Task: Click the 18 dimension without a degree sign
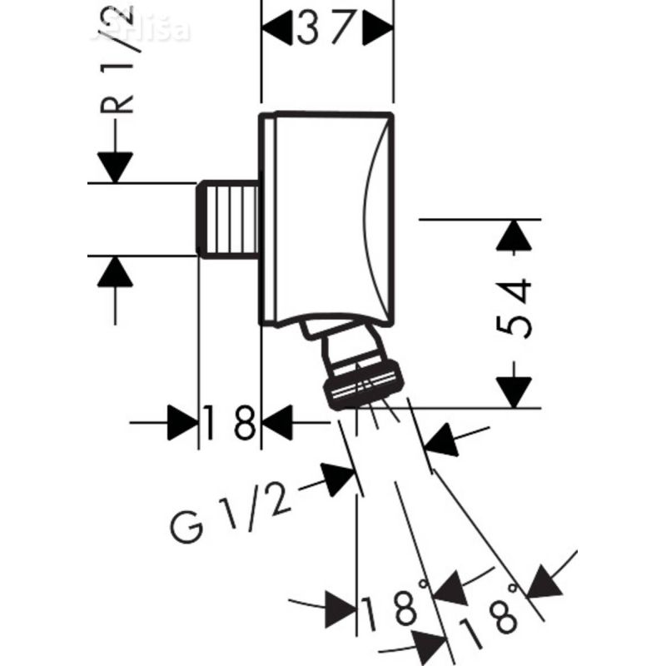point(230,425)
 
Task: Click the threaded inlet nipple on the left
point(226,218)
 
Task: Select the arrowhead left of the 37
point(278,31)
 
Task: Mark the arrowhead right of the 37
point(379,31)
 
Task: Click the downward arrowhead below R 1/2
point(115,167)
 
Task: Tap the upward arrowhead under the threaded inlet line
point(115,271)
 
